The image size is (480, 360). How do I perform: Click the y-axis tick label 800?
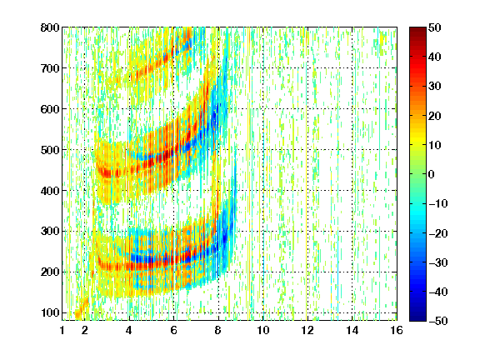pos(50,27)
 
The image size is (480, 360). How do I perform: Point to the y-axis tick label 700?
pos(50,68)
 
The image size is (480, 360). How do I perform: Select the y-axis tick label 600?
pos(50,109)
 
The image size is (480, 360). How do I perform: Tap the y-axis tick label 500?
pos(50,150)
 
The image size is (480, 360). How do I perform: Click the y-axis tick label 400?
pos(50,191)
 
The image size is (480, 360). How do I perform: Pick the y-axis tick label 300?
pos(50,232)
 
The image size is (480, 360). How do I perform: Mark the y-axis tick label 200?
pos(50,272)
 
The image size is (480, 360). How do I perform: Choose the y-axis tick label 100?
pos(50,313)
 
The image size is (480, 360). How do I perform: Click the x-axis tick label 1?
pos(62,330)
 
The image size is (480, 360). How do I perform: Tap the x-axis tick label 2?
pos(85,330)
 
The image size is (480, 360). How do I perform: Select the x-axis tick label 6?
pos(174,330)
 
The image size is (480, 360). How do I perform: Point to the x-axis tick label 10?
pos(263,330)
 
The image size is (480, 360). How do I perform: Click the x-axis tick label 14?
pos(352,330)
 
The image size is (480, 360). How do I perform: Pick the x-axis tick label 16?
pos(397,330)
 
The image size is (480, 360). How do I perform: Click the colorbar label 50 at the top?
pos(434,27)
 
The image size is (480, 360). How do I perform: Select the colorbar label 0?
pos(432,174)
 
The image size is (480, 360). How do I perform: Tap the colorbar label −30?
pos(438,262)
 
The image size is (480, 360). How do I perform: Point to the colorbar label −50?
pos(438,321)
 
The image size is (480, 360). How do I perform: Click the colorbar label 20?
pos(434,116)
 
